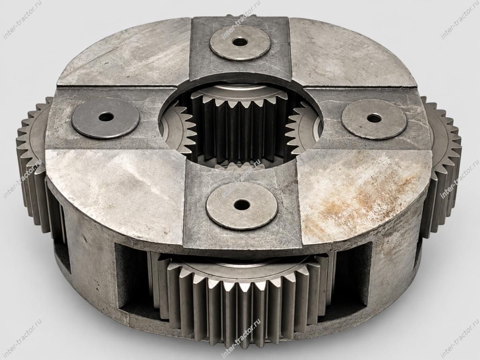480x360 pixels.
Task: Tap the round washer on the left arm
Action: (106, 118)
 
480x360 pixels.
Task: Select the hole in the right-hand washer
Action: (373, 118)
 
